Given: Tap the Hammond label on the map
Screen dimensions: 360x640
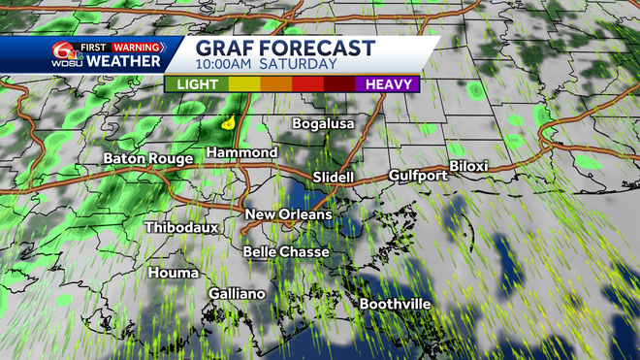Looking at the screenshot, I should pyautogui.click(x=242, y=153).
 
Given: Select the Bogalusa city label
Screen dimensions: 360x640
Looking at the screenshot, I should pyautogui.click(x=324, y=124).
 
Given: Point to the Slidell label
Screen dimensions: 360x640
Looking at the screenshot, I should pyautogui.click(x=335, y=179).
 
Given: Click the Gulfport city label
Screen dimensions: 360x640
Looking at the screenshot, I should pyautogui.click(x=418, y=176).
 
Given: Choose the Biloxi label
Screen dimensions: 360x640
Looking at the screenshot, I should pyautogui.click(x=468, y=167).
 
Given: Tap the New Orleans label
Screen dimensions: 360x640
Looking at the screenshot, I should pyautogui.click(x=288, y=214).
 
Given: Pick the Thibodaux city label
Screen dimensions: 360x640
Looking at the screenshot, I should pyautogui.click(x=181, y=227).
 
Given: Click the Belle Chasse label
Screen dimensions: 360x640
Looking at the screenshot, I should pyautogui.click(x=286, y=252).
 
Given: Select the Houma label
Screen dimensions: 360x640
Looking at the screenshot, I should pyautogui.click(x=174, y=273).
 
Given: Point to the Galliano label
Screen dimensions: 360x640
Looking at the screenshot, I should pyautogui.click(x=238, y=293).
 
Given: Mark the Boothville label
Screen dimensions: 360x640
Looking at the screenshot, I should pyautogui.click(x=395, y=305).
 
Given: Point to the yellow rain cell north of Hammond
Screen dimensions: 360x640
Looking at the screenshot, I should pyautogui.click(x=229, y=123).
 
